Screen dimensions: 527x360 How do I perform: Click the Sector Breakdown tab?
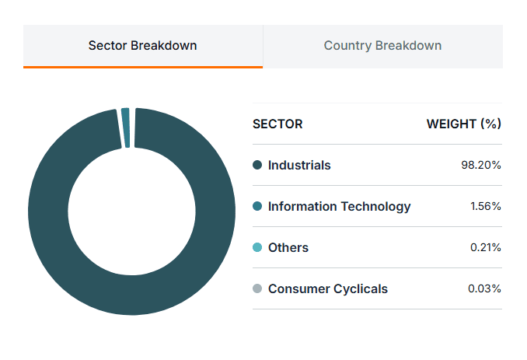point(143,46)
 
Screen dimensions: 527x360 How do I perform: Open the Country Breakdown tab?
point(383,46)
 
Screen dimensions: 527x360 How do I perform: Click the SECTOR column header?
point(277,124)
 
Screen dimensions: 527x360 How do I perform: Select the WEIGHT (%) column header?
point(464,124)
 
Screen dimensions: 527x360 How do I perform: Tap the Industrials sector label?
point(299,166)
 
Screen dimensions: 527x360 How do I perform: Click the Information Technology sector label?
point(340,206)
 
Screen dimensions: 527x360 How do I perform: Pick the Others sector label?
point(288,248)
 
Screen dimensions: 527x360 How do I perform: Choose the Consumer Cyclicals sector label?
point(328,289)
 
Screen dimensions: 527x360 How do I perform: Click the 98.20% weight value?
point(481,165)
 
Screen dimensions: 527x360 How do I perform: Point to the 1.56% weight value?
point(486,206)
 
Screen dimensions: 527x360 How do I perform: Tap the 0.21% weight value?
point(486,248)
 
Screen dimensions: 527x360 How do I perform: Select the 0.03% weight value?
point(484,288)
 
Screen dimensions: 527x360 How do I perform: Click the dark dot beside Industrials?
point(257,165)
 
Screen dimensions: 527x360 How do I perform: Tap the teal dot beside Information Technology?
point(257,206)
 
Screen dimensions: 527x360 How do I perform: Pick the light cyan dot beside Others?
point(257,247)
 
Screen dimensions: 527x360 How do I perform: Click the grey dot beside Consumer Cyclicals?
point(257,288)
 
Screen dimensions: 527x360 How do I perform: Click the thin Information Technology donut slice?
point(126,128)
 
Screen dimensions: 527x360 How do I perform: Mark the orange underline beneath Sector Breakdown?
point(143,67)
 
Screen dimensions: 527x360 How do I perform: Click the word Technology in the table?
point(375,206)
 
